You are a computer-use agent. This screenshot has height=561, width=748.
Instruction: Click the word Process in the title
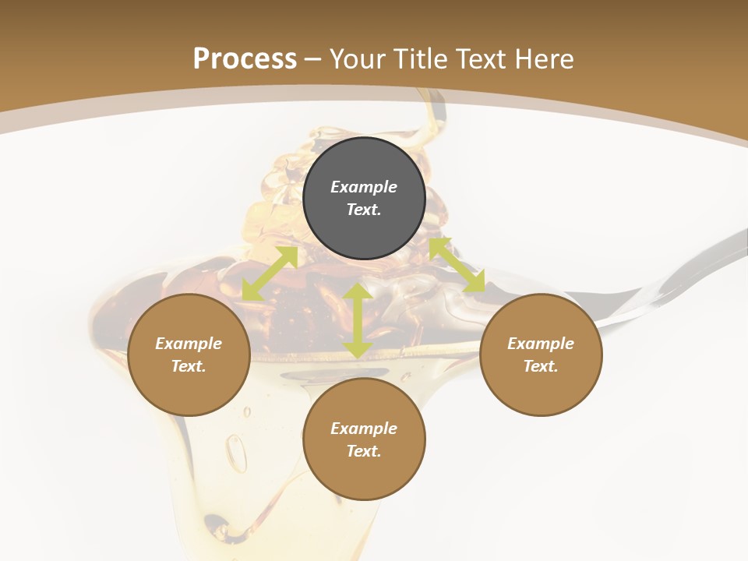tap(245, 59)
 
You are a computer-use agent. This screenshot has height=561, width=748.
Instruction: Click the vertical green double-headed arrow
tap(358, 320)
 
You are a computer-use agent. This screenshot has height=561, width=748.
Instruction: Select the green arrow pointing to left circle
tap(270, 273)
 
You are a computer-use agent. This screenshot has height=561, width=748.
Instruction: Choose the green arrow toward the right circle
tap(457, 265)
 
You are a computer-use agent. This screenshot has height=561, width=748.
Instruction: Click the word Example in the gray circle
tap(364, 187)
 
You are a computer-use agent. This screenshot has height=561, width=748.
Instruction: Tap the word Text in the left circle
tap(189, 366)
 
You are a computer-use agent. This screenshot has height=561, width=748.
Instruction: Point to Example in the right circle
tap(541, 344)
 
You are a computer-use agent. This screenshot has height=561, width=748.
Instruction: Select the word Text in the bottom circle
tap(364, 451)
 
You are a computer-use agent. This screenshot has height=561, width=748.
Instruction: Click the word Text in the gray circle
tap(364, 210)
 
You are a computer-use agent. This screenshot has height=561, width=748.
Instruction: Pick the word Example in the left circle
tap(189, 344)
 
